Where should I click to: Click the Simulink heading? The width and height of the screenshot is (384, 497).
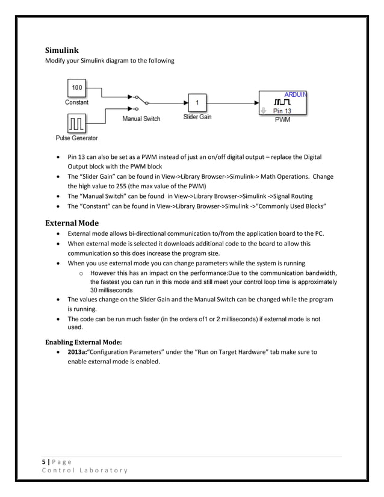point(63,50)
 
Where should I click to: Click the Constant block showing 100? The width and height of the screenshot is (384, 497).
point(76,88)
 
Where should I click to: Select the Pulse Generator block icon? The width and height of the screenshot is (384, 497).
point(76,124)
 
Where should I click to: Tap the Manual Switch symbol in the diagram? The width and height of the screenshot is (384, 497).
point(140,102)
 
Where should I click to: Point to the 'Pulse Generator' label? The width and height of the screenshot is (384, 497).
point(76,138)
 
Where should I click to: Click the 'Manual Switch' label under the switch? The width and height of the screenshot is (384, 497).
point(141,119)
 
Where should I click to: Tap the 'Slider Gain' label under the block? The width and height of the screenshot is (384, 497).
point(197,117)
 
